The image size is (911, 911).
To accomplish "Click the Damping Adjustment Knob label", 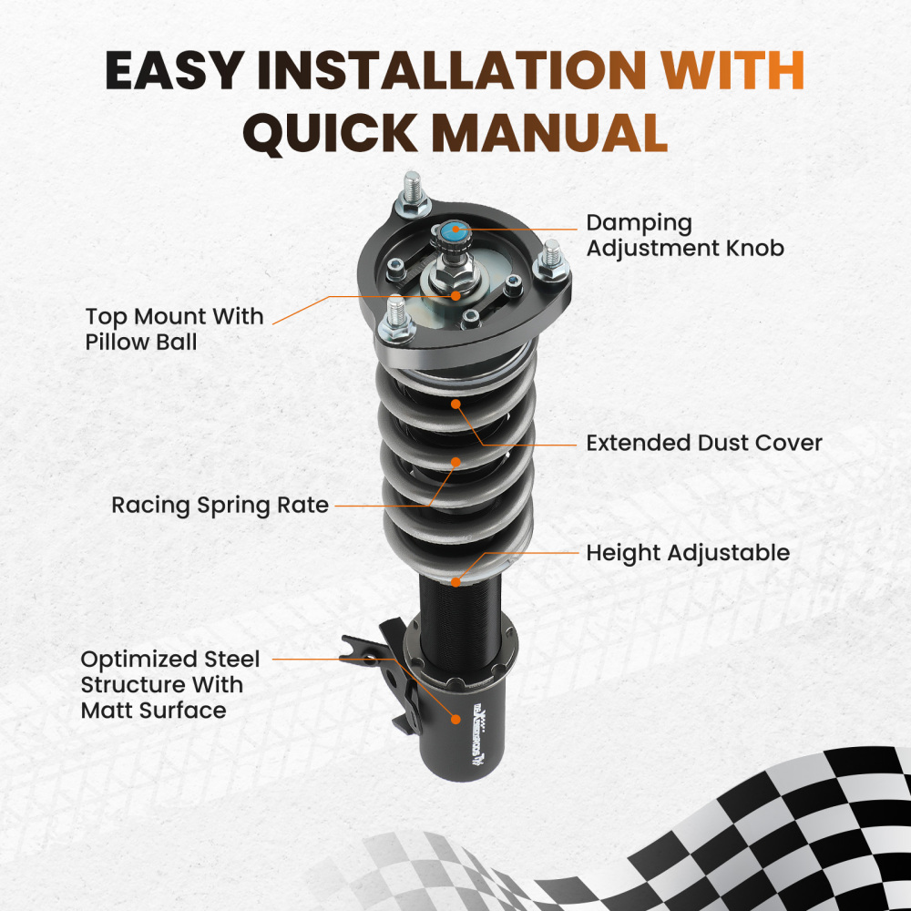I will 684,235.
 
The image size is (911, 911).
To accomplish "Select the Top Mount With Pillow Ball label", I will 174,330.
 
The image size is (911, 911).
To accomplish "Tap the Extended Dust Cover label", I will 703,444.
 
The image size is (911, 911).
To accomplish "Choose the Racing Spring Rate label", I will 220,505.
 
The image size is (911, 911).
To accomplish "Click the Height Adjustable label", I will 687,553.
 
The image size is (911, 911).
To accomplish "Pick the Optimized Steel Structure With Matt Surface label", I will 170,684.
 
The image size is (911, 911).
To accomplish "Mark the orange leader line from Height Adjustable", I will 528,553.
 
